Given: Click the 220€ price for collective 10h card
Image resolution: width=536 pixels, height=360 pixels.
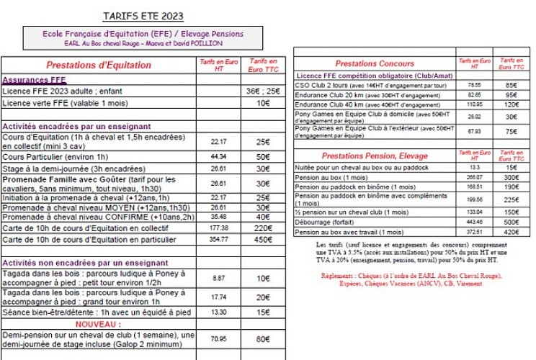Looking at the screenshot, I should click(x=263, y=228).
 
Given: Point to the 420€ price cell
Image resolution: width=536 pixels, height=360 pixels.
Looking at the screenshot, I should click(x=510, y=233).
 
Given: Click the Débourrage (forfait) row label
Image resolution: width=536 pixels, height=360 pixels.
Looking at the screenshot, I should click(x=331, y=222).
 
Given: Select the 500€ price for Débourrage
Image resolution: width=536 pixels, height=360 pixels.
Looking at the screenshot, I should click(x=510, y=222).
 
